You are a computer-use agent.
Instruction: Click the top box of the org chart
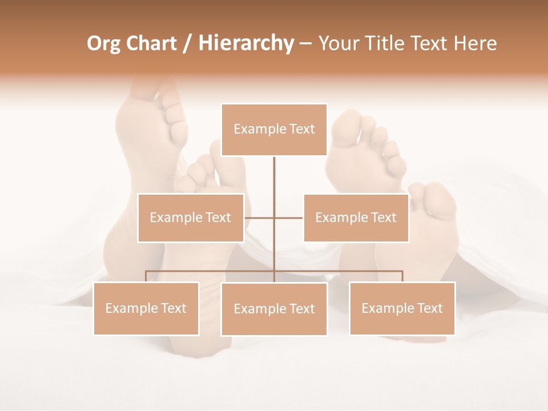tap(274, 130)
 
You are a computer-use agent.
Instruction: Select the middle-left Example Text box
tap(191, 217)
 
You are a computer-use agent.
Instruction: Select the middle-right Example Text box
tap(356, 217)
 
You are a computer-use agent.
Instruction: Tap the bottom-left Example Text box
tap(146, 308)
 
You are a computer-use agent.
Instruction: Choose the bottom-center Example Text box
tap(274, 309)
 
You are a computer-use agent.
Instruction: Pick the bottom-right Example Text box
tap(402, 308)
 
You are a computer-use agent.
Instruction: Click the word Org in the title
tap(103, 43)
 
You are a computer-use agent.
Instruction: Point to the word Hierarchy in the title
tap(245, 43)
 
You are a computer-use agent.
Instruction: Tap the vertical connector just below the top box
tap(274, 171)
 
